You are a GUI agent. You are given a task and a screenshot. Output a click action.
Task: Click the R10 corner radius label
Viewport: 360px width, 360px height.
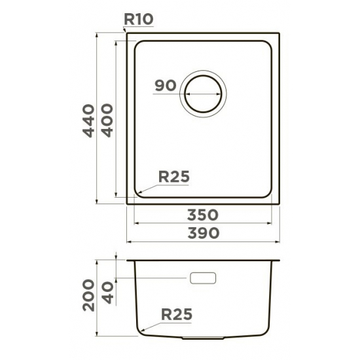point(139,19)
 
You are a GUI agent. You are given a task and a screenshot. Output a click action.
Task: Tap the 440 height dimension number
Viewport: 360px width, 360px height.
point(88,121)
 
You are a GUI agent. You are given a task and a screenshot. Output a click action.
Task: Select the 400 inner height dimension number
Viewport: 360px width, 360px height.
point(107,120)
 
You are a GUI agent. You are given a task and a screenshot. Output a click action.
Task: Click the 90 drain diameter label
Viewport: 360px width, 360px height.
point(166,85)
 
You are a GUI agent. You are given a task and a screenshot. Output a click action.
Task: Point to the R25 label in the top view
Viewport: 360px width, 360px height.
point(174,177)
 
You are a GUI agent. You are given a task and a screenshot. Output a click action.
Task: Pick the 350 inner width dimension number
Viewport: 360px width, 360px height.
point(203,215)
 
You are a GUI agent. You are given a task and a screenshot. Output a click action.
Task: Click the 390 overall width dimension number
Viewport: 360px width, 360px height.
point(204,233)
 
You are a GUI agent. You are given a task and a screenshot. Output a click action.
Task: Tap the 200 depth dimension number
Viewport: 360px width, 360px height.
point(88,295)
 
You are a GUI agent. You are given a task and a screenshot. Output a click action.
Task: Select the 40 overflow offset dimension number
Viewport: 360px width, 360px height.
point(108,293)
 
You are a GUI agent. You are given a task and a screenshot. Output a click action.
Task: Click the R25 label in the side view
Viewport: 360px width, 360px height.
point(177,314)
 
